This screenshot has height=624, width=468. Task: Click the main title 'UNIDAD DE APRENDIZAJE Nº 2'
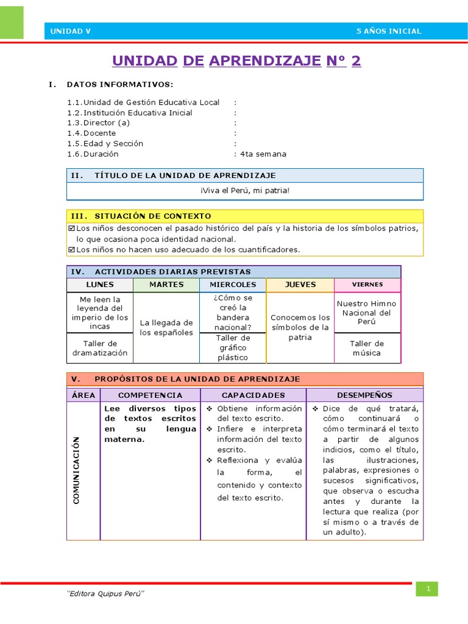236,61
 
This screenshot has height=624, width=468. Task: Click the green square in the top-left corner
12,23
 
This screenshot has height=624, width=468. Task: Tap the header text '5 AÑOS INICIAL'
388,31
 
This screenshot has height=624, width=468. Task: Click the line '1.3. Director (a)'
99,123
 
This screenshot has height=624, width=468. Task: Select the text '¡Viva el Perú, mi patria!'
244,191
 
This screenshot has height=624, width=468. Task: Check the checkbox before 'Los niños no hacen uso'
71,249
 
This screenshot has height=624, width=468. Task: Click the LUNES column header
99,285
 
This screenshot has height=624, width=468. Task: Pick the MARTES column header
166,285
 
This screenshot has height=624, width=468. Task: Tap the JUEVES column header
300,285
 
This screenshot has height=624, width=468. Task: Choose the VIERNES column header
367,285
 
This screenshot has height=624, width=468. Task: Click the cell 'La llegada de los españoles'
166,327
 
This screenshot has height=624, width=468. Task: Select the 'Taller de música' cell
367,348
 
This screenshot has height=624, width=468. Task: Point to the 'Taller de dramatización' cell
99,348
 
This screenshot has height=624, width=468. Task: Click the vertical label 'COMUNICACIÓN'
77,470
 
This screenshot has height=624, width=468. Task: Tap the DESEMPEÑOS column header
364,395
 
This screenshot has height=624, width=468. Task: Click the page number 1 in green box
428,589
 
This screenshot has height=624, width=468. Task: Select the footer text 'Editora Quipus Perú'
105,595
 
